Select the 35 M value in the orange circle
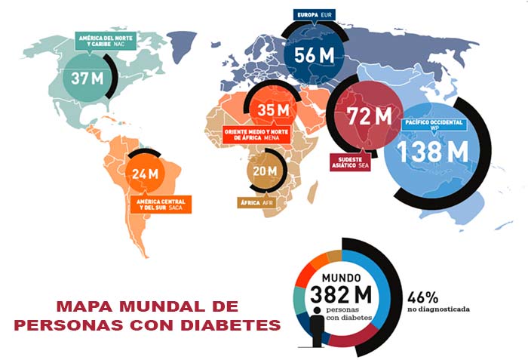click(x=273, y=110)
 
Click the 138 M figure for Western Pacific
click(x=426, y=151)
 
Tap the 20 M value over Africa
click(x=265, y=171)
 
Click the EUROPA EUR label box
click(x=316, y=14)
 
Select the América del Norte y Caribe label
click(x=105, y=40)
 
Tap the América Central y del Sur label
click(x=160, y=204)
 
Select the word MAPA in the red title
click(x=84, y=306)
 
